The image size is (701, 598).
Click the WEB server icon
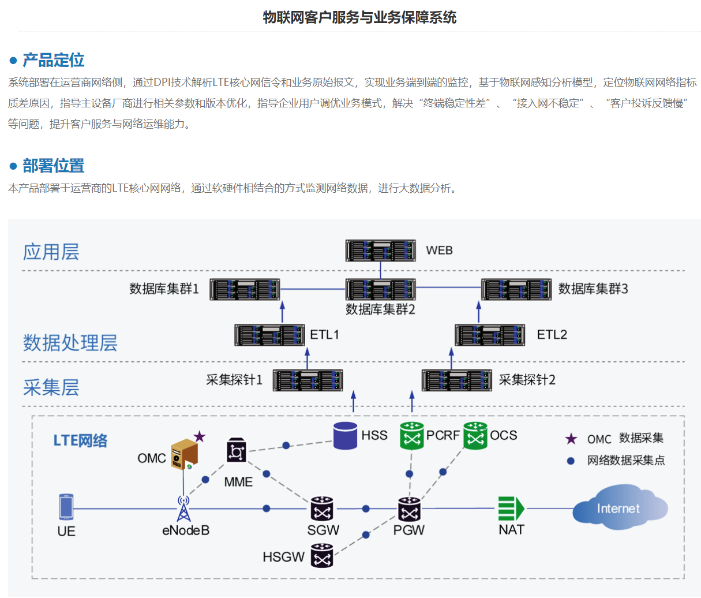[380, 251]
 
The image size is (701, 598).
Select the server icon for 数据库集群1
[245, 289]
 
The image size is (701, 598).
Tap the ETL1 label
[324, 335]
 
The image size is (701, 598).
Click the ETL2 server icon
[490, 335]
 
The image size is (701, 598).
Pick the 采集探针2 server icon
[456, 380]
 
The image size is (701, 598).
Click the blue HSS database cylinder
[345, 436]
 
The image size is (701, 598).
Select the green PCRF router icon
[411, 436]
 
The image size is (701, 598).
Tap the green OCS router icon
[475, 436]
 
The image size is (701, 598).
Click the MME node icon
[235, 450]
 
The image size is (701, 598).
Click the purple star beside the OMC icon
[199, 436]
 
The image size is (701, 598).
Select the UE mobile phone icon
[66, 507]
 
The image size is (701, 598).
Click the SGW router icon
[322, 509]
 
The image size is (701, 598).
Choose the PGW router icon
[409, 509]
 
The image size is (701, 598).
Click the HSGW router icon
[322, 556]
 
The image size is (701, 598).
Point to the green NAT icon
[511, 509]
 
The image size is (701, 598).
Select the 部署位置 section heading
[53, 166]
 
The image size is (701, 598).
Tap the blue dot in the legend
[571, 461]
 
